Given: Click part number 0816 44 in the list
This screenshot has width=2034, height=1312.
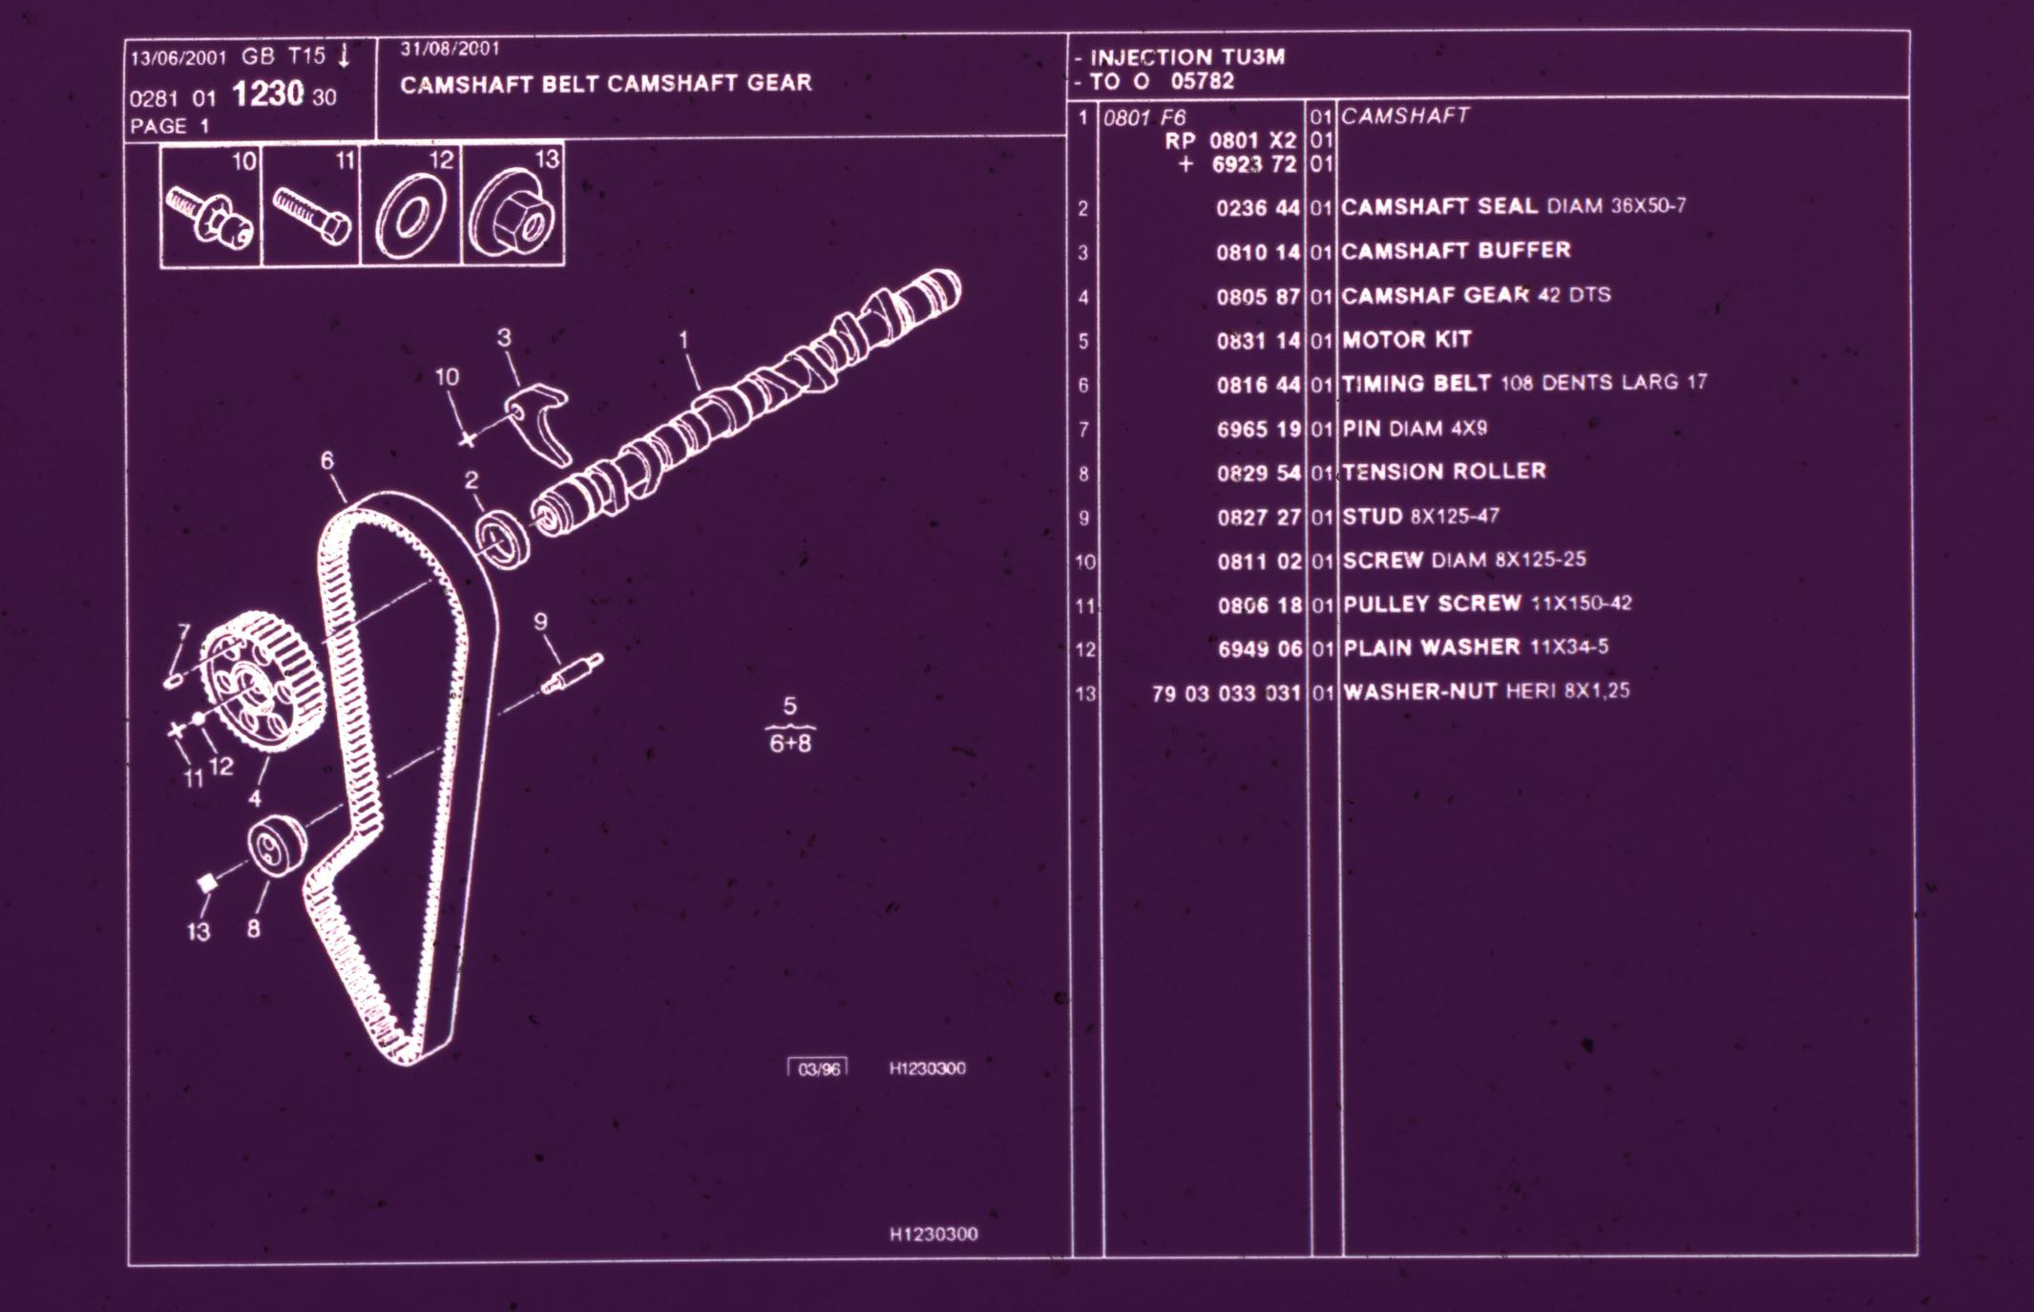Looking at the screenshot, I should tap(1258, 385).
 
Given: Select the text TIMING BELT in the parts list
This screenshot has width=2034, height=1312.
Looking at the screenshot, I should tap(1415, 383).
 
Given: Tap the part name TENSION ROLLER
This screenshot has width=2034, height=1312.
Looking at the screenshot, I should tap(1443, 472).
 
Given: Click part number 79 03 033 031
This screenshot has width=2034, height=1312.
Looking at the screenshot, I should tap(1226, 693).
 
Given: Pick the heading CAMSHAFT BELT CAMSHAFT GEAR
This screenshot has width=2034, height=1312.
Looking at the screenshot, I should tap(606, 84).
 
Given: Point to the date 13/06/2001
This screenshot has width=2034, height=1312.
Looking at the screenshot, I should tap(178, 58).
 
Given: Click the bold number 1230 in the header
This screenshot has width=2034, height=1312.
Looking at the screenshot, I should tap(267, 94).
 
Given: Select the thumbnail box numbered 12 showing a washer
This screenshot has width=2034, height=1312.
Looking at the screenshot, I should tap(411, 205).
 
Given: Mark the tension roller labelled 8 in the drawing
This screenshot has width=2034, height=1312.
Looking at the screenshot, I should tap(276, 845).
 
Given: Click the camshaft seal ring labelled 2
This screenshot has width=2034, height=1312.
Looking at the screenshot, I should tap(503, 540).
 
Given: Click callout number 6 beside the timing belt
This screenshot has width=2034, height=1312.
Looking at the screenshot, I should tap(327, 461).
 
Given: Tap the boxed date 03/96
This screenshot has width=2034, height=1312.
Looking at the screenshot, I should tap(818, 1069).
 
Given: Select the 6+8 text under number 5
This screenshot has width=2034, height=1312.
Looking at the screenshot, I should tap(790, 743).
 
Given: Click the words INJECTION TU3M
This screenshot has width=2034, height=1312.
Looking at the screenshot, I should tap(1187, 57).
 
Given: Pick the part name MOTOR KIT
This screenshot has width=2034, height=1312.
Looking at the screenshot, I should tap(1406, 340).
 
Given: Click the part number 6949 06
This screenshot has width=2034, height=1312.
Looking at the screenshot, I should tap(1260, 649).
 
